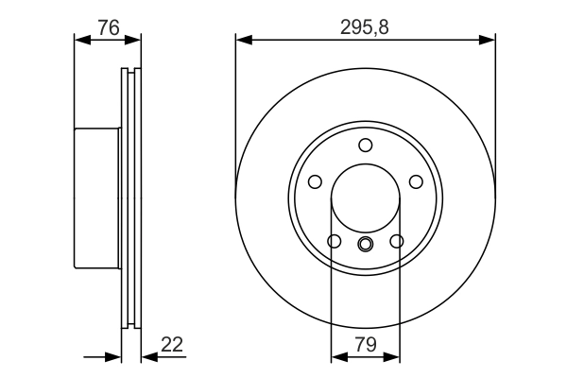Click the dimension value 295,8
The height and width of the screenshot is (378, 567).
click(365, 27)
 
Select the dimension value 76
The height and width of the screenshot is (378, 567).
click(108, 27)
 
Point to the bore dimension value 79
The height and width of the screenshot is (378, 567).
click(365, 347)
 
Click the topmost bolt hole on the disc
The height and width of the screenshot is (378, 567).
click(365, 145)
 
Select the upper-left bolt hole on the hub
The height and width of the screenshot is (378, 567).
click(316, 181)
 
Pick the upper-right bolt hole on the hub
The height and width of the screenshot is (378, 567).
click(414, 181)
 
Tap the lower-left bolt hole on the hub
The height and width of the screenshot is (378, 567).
click(334, 242)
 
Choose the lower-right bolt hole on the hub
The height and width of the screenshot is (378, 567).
click(396, 242)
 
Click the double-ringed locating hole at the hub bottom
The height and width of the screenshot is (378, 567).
click(365, 246)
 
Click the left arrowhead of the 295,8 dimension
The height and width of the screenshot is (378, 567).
click(242, 40)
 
